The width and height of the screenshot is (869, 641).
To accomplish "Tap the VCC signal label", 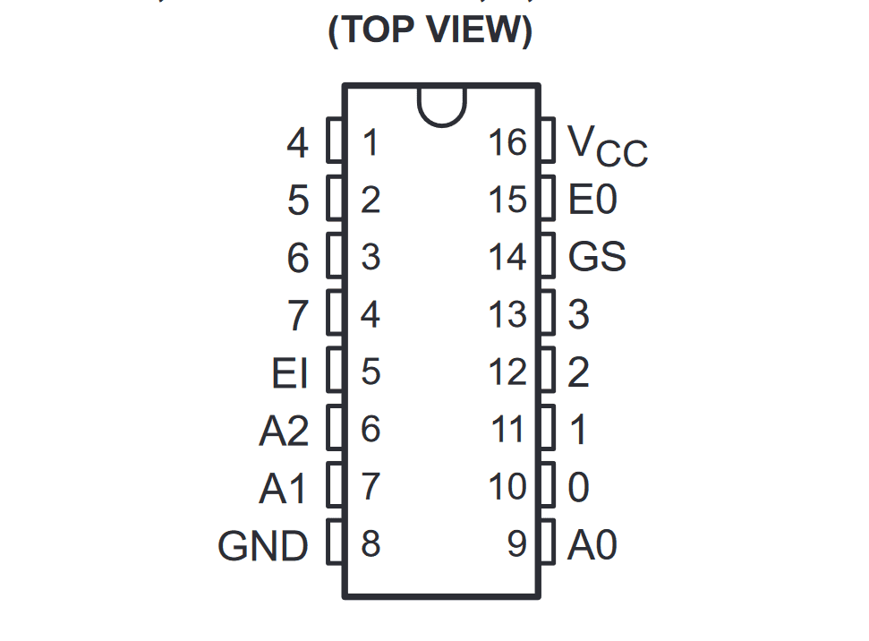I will (607, 145).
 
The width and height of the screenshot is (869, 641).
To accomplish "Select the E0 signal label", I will (592, 200).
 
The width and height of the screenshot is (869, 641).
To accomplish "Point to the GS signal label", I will (597, 258).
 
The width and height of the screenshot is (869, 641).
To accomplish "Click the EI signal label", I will (290, 373).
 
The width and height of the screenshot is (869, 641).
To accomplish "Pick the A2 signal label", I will (284, 432).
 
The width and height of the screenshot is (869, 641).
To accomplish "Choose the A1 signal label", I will (284, 489).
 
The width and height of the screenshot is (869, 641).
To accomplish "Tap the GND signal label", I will (263, 545).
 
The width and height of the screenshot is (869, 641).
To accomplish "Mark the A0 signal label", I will (592, 545).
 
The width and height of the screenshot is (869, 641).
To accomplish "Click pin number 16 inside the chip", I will (507, 142).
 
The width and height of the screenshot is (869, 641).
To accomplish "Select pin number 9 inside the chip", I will (517, 544).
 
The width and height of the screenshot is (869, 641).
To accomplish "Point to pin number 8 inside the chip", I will (371, 544).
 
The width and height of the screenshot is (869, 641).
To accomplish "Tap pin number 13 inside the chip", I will (507, 314).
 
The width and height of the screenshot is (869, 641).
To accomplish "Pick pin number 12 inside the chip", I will (507, 372).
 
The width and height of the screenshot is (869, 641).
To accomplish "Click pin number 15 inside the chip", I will (507, 200).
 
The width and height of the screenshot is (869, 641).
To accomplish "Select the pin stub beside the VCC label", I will (549, 141).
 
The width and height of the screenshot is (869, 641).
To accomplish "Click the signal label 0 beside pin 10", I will (579, 489).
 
